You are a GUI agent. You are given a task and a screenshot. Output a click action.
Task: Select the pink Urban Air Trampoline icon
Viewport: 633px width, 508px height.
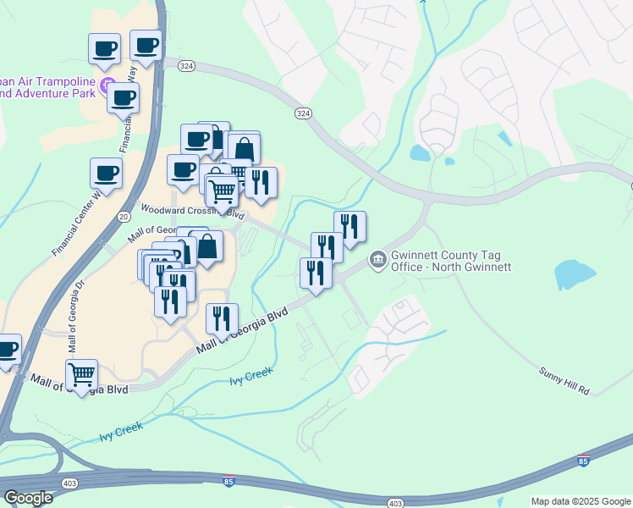coord(107,84)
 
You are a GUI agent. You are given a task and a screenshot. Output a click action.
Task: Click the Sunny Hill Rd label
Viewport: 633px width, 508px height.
coord(564,380)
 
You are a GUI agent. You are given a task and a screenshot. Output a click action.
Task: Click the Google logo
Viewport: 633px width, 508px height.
coord(28,497)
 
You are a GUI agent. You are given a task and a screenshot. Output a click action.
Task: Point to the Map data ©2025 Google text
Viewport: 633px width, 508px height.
coord(580,501)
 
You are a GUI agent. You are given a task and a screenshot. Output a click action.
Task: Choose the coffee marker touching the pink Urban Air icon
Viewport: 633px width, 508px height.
coord(123,97)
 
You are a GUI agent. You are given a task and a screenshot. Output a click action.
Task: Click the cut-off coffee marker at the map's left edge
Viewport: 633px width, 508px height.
coord(7,349)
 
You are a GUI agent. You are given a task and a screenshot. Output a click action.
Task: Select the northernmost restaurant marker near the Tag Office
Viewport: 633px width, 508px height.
coord(350,226)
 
